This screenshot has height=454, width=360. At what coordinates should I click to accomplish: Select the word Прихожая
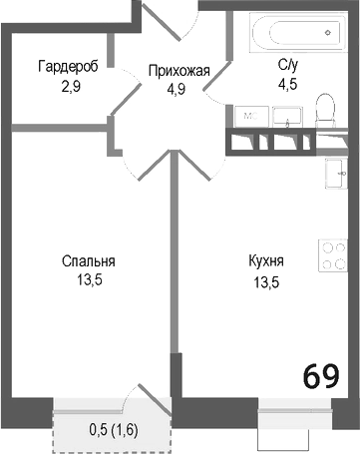coord(178,70)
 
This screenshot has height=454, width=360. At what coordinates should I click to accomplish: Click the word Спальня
coord(88,261)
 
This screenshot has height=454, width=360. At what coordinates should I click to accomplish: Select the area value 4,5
coord(289,84)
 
